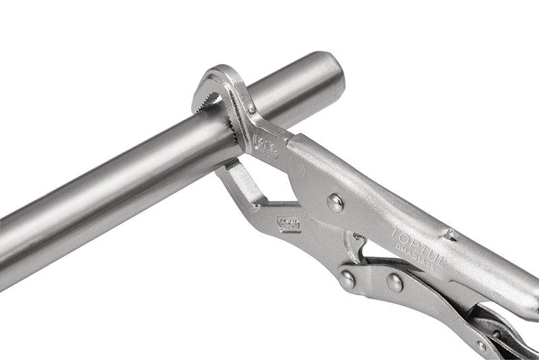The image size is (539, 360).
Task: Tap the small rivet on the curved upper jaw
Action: tap(251, 109)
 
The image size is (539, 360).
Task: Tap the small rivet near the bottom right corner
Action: tap(481, 346)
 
